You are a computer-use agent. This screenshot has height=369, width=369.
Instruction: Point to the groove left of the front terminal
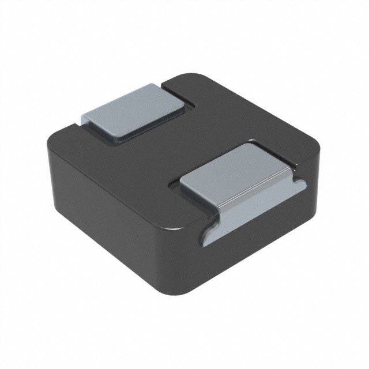coord(173,186)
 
